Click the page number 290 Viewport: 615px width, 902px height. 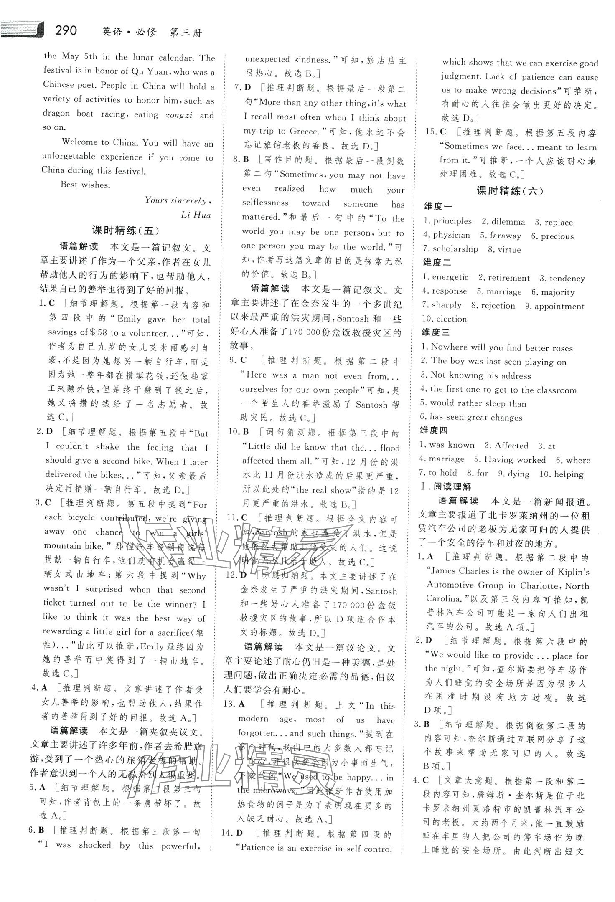coord(66,30)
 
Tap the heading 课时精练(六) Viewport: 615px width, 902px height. coord(510,191)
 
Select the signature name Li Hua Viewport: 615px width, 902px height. coord(196,215)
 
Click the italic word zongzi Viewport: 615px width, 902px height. coord(179,115)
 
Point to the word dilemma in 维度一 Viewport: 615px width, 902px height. coord(508,222)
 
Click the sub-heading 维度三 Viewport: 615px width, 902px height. coord(437,333)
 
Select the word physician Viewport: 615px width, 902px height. coord(451,235)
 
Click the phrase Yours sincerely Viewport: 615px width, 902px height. coord(176,200)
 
